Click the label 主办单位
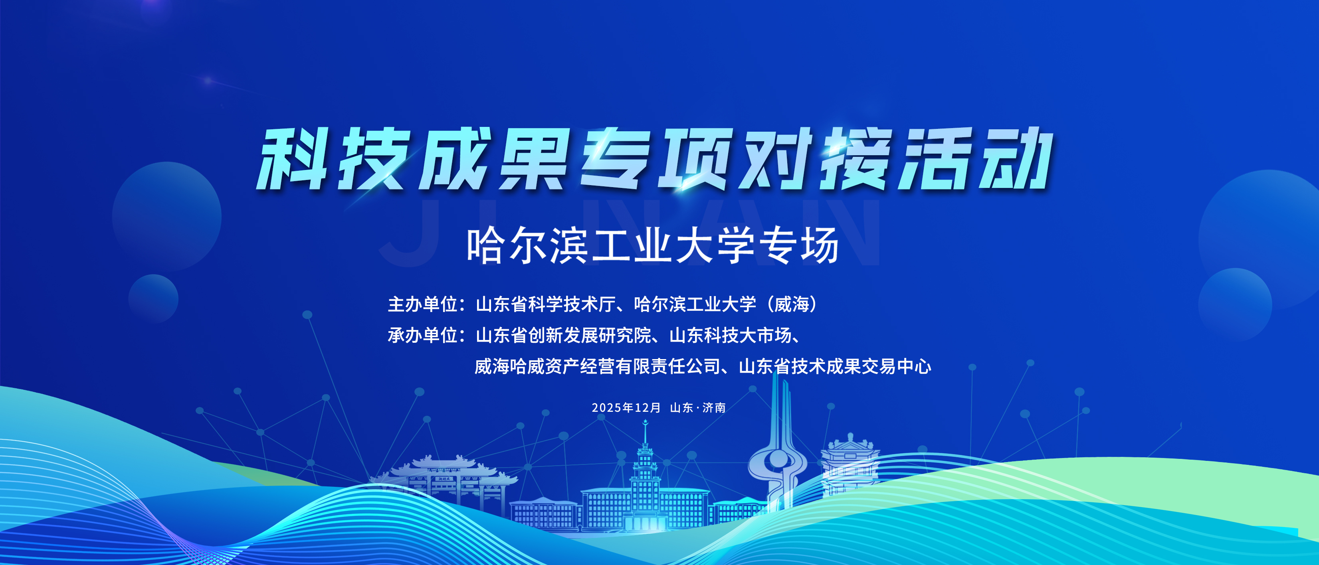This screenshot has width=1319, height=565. (x=422, y=304)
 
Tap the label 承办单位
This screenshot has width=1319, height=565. (x=422, y=335)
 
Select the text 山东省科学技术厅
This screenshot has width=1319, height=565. (x=546, y=304)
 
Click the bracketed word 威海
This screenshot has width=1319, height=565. (x=792, y=304)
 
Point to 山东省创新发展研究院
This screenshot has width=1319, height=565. (x=563, y=335)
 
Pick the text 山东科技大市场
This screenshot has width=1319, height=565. (x=730, y=335)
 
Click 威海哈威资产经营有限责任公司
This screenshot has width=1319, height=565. (x=597, y=366)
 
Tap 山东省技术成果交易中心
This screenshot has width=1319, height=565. (x=835, y=366)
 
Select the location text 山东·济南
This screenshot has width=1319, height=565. (x=698, y=407)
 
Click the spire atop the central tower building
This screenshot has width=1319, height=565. (x=645, y=433)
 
